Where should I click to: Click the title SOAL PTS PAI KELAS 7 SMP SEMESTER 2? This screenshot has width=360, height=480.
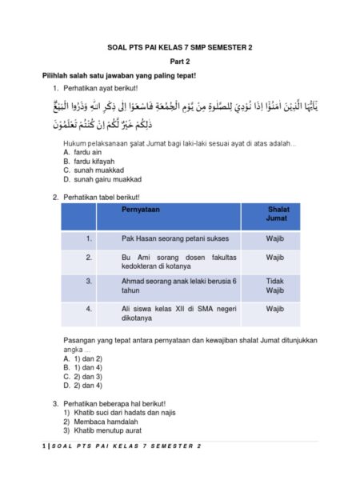[179, 47]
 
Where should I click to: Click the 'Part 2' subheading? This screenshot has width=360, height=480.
[179, 62]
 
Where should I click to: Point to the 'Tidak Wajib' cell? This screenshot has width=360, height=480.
[275, 286]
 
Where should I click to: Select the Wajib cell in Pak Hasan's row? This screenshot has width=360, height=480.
[275, 238]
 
